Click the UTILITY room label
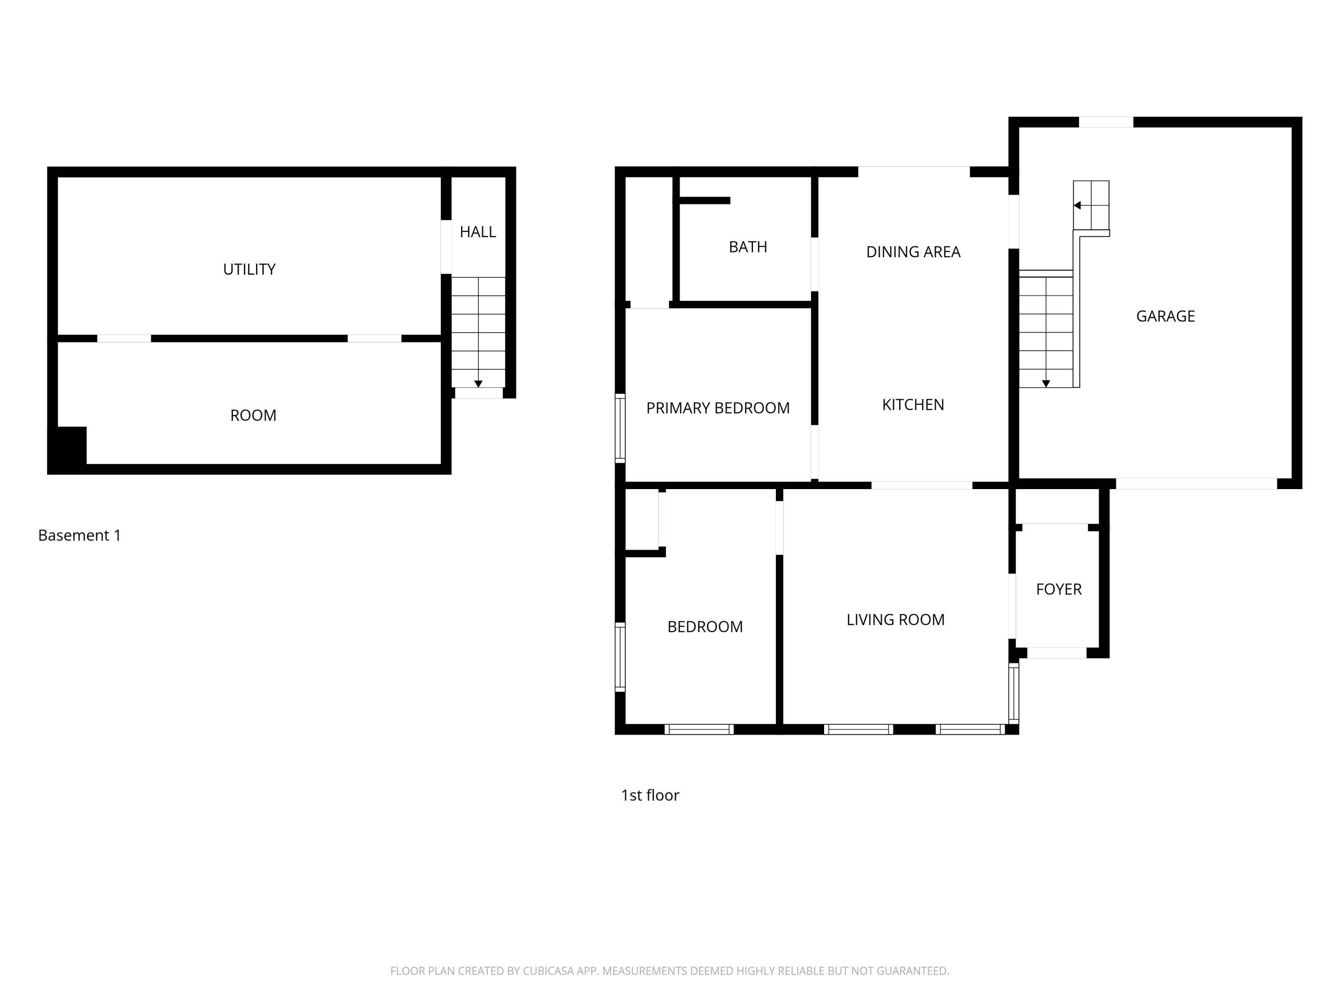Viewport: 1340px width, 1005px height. pos(249,270)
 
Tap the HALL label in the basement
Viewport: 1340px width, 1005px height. pos(477,232)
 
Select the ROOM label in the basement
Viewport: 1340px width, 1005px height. pos(253,415)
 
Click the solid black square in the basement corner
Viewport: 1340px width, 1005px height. pos(68,447)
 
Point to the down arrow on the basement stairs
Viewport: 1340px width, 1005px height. pos(478,384)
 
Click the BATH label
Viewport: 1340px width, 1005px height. pos(748,247)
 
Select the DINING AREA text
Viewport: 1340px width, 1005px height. pos(913,252)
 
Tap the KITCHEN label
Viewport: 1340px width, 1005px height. pos(913,405)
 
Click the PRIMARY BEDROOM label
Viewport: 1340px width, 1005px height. pos(718,408)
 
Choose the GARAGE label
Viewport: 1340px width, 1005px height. pos(1165,316)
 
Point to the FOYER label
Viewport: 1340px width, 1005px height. pos(1058,590)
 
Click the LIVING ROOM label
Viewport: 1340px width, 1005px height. pos(896,620)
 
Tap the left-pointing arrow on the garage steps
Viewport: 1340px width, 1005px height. pos(1077,205)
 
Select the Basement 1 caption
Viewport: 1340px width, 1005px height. pos(80,536)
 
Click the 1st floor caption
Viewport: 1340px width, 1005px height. pos(650,796)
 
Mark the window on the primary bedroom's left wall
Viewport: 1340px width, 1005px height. pos(620,428)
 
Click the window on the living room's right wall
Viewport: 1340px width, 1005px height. pos(1013,694)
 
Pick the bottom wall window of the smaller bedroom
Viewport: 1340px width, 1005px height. pos(699,729)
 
